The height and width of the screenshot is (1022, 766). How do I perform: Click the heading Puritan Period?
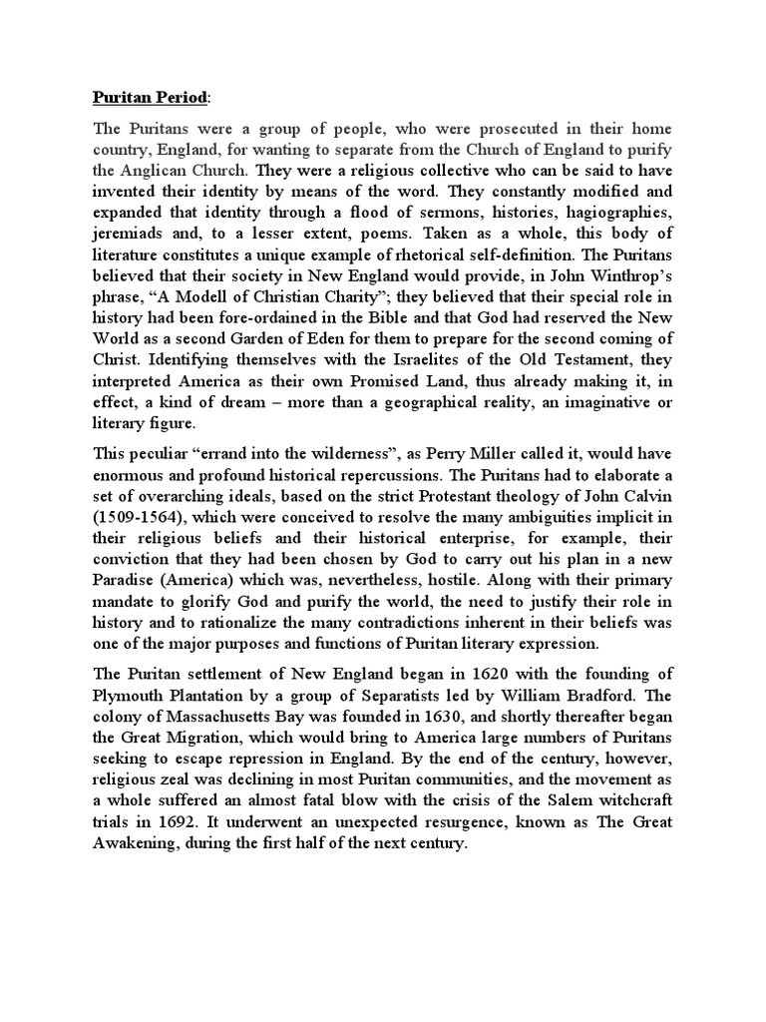click(x=151, y=99)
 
